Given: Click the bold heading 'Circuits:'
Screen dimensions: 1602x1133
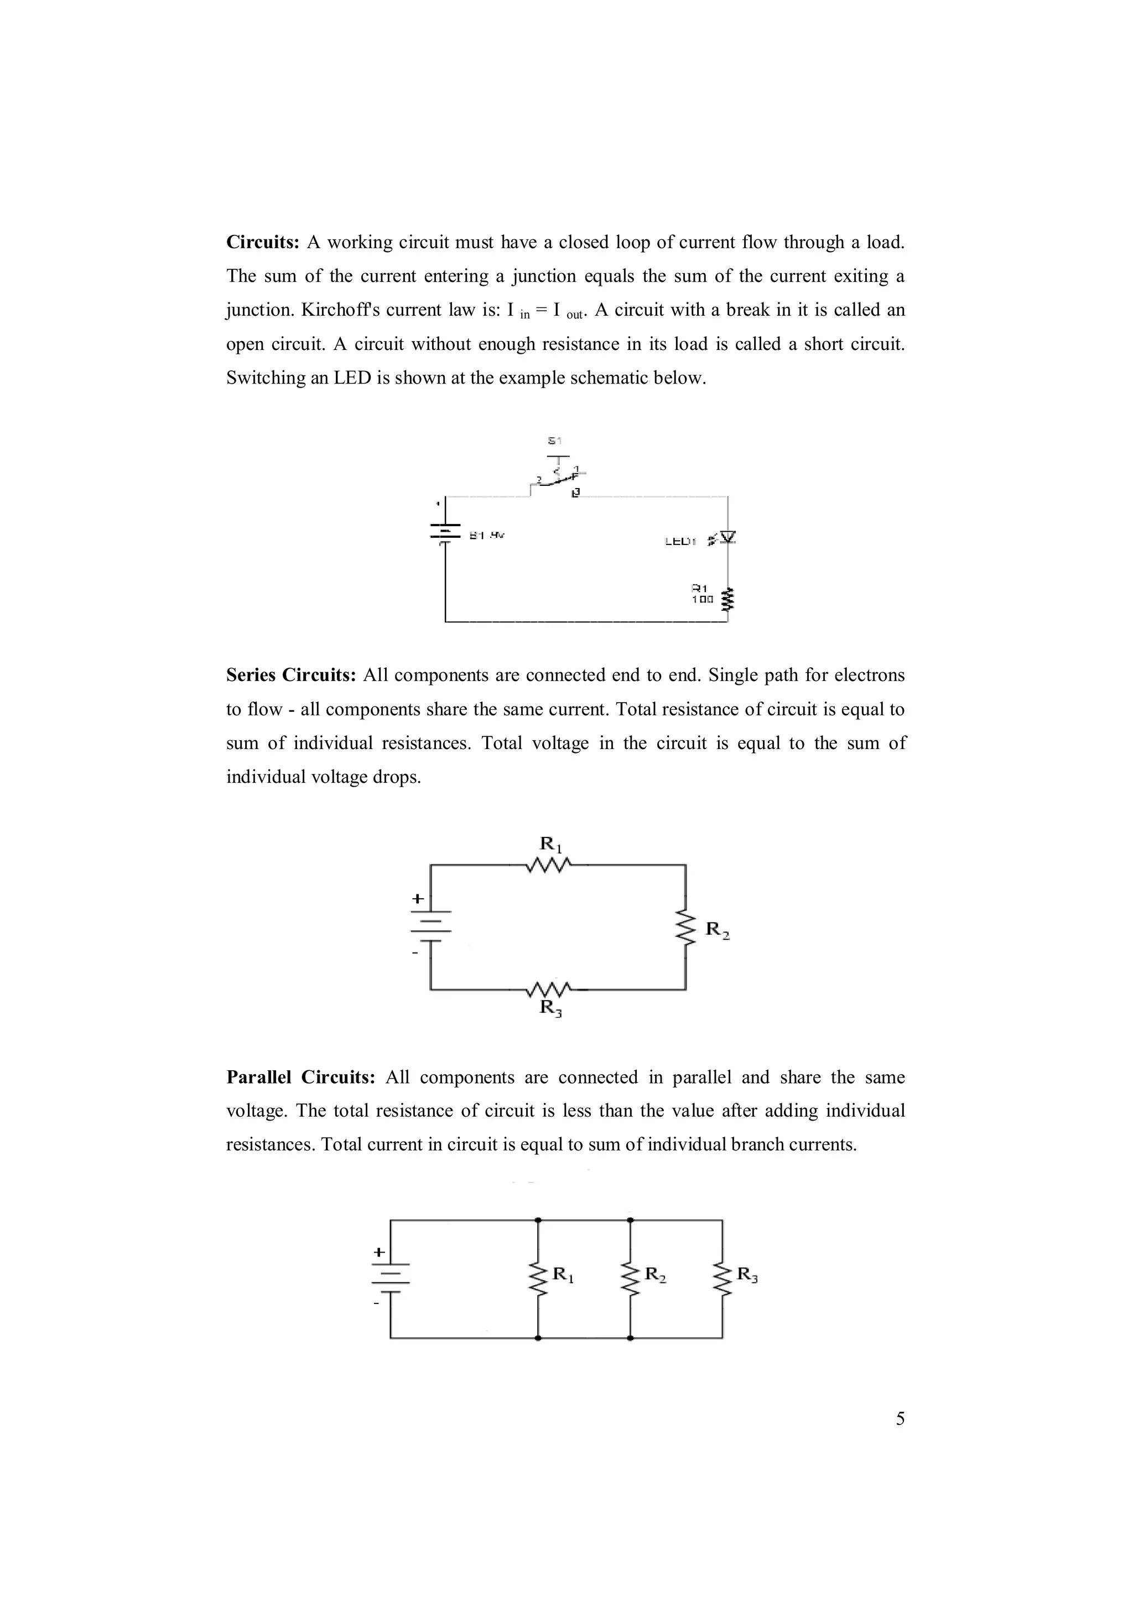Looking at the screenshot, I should click(262, 243).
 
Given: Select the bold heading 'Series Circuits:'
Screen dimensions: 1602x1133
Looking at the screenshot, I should click(291, 676).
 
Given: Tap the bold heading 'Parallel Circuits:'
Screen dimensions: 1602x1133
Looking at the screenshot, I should click(301, 1077).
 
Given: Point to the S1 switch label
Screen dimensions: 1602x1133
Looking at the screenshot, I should click(554, 440).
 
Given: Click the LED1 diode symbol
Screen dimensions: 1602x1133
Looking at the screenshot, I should click(727, 537).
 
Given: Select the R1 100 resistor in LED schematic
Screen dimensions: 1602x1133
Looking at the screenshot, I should click(728, 599).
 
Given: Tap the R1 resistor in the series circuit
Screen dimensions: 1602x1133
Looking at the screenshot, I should click(549, 866).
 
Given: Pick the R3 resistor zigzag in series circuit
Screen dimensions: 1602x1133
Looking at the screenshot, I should click(549, 989).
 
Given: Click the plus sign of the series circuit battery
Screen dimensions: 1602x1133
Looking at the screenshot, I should click(418, 899).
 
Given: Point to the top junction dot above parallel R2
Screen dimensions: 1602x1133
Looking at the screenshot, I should click(630, 1221).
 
